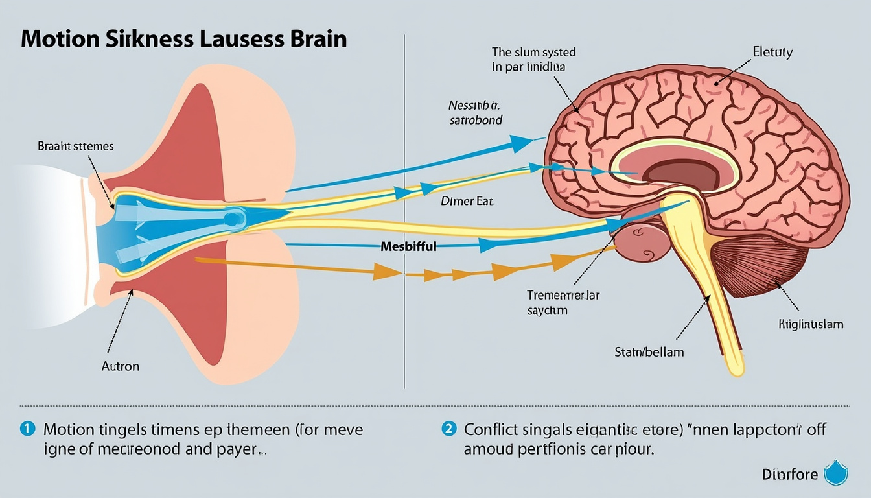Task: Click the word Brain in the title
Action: click(316, 40)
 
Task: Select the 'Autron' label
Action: click(120, 366)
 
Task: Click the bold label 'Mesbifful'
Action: click(408, 246)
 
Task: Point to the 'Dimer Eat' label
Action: click(467, 202)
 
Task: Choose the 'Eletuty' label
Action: click(772, 53)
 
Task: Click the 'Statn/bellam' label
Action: click(649, 352)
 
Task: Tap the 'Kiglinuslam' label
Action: click(811, 324)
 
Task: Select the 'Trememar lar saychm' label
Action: click(563, 303)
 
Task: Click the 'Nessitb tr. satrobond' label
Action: click(475, 112)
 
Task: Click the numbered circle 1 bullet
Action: click(27, 429)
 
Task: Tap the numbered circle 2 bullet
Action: click(449, 429)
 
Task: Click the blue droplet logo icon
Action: click(835, 473)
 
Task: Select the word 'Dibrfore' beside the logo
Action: click(790, 474)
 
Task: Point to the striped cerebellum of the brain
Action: click(758, 266)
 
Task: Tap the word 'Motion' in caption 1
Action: click(68, 429)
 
